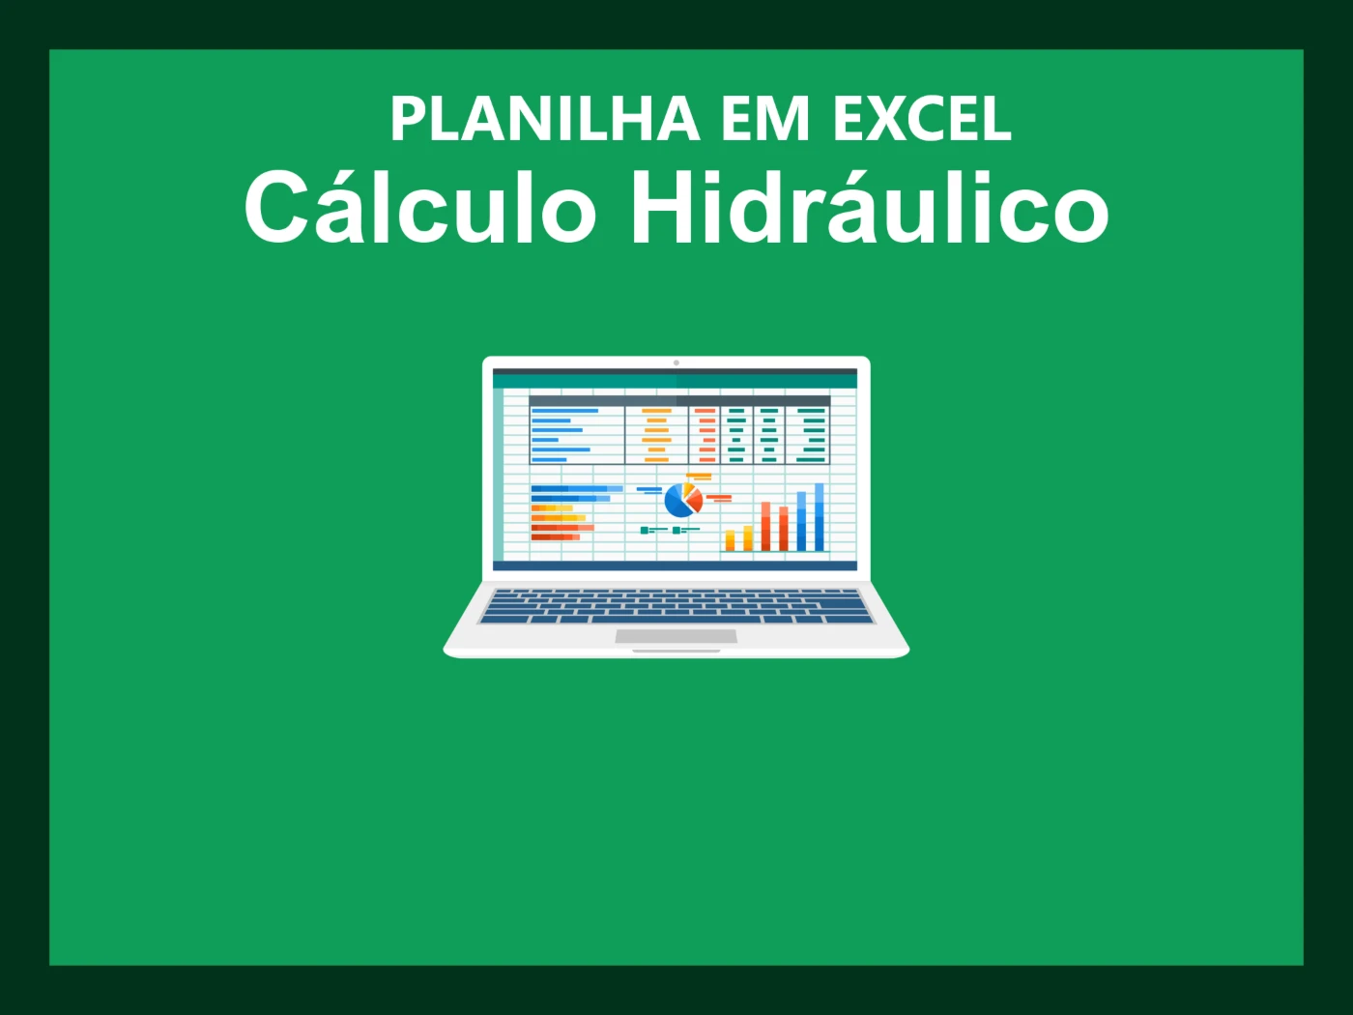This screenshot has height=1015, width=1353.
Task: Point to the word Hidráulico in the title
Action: pyautogui.click(x=869, y=208)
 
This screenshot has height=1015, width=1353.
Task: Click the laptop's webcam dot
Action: pyautogui.click(x=676, y=363)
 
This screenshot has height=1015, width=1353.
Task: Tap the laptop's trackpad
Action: pyautogui.click(x=676, y=636)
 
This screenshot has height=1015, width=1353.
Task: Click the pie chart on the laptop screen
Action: pyautogui.click(x=683, y=499)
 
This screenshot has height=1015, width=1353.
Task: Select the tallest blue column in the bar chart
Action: pyautogui.click(x=820, y=517)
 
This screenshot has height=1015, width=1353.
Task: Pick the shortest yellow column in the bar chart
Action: pyautogui.click(x=730, y=540)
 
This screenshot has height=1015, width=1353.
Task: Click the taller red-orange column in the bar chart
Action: pyautogui.click(x=766, y=526)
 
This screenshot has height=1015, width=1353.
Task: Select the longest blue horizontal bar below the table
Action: pyautogui.click(x=577, y=489)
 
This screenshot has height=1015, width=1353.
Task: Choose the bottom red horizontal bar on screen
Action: pyautogui.click(x=556, y=537)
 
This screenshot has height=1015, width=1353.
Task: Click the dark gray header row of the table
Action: pyautogui.click(x=679, y=400)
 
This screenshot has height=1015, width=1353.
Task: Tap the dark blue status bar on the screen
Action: pyautogui.click(x=675, y=565)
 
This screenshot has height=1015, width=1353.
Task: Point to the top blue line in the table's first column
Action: pyautogui.click(x=564, y=411)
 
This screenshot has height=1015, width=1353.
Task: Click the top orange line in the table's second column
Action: pyautogui.click(x=656, y=411)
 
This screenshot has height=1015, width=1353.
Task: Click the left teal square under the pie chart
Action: pyautogui.click(x=645, y=530)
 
